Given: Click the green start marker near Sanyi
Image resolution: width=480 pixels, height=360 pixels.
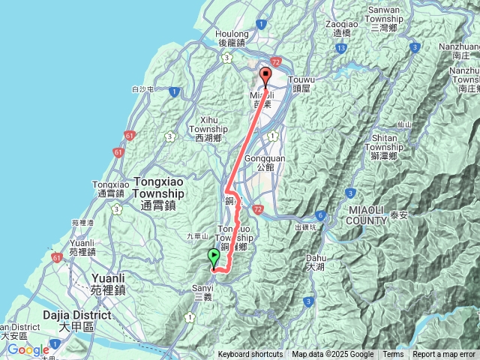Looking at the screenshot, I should [x=214, y=257].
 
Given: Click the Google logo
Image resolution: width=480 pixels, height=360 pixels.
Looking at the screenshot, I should [x=28, y=349].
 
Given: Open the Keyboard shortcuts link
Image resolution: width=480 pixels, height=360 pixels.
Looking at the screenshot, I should [x=250, y=355].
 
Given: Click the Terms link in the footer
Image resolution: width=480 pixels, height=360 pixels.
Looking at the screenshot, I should [x=393, y=355].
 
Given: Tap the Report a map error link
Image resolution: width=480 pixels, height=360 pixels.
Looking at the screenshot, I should [x=444, y=355].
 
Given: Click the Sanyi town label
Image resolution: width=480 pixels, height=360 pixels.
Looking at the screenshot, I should [x=203, y=291].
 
